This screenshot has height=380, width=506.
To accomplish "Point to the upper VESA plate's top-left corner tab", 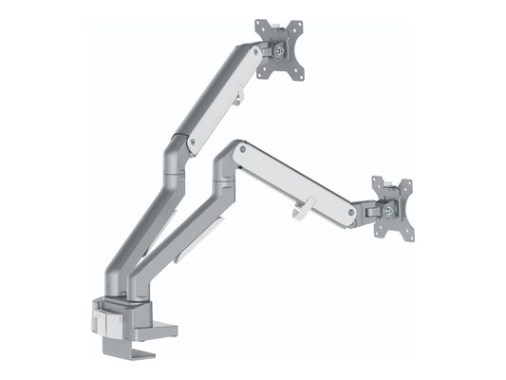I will [x=261, y=24].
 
